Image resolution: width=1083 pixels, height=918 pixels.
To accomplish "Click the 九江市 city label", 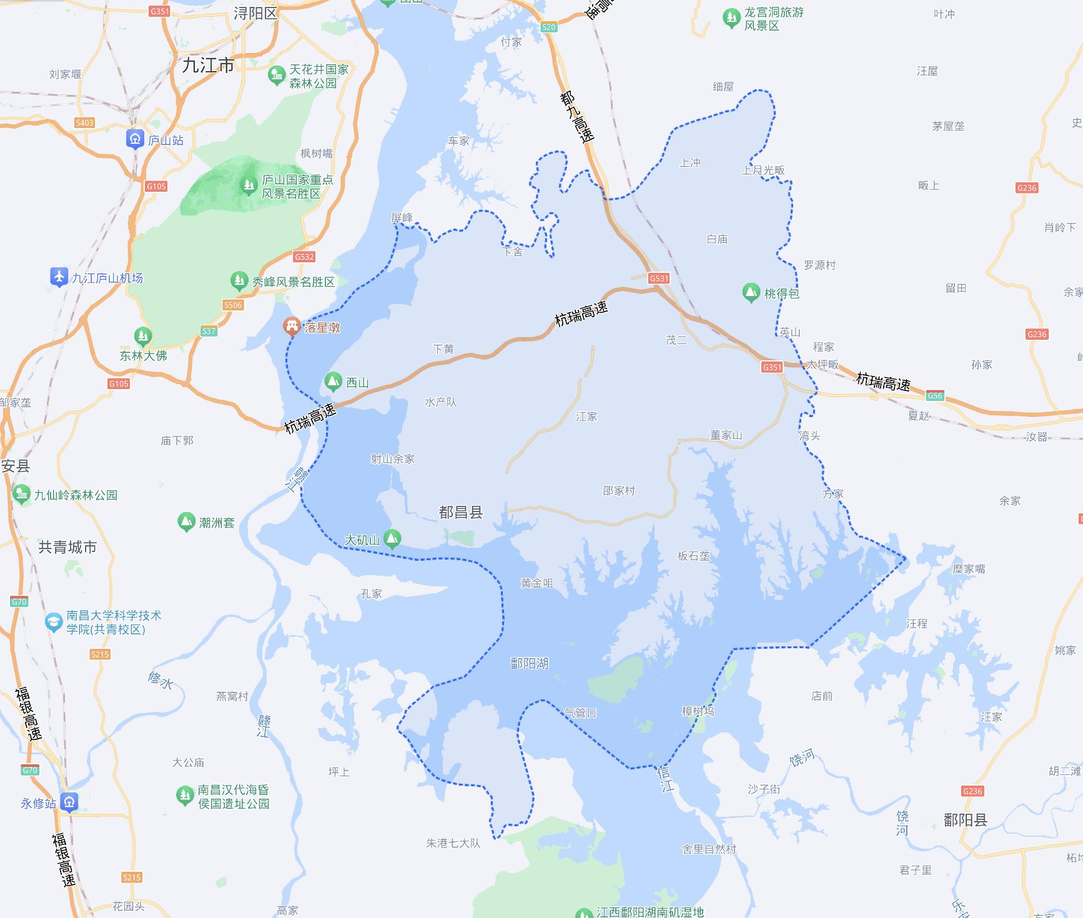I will [x=208, y=65].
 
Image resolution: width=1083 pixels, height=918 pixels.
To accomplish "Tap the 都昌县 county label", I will [x=461, y=513].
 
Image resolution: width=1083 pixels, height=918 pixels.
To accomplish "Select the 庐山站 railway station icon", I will [x=135, y=139].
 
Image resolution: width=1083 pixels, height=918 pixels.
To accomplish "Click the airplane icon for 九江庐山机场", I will [x=59, y=277].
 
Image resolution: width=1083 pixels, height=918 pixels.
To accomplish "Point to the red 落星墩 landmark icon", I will [x=291, y=326].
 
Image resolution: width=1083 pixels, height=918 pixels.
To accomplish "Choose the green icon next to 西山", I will [x=333, y=382].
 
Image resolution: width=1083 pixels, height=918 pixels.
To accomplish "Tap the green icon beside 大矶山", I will [x=392, y=538].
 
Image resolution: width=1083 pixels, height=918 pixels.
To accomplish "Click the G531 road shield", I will [x=659, y=279].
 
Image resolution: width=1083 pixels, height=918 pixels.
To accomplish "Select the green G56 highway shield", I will [x=934, y=396].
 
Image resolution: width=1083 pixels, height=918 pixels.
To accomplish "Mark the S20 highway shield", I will [x=548, y=27].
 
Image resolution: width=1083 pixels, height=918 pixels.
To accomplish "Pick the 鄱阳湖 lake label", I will [x=529, y=663].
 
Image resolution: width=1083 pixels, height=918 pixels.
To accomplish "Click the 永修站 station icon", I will [x=70, y=802].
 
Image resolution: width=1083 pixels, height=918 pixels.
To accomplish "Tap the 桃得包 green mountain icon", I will [x=751, y=292].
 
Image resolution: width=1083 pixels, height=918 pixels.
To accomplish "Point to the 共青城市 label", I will [x=67, y=548].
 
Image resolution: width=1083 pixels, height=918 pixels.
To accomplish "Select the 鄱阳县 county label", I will [x=965, y=820].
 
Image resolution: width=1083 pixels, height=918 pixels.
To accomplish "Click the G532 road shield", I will [x=304, y=257].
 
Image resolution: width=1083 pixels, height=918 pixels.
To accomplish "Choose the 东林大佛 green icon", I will [x=143, y=337].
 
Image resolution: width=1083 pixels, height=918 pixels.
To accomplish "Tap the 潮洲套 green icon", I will [x=185, y=522].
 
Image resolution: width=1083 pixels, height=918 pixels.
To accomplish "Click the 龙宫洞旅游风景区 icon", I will [x=731, y=19].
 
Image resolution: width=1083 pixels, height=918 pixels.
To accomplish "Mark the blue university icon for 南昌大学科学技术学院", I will [x=54, y=622].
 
